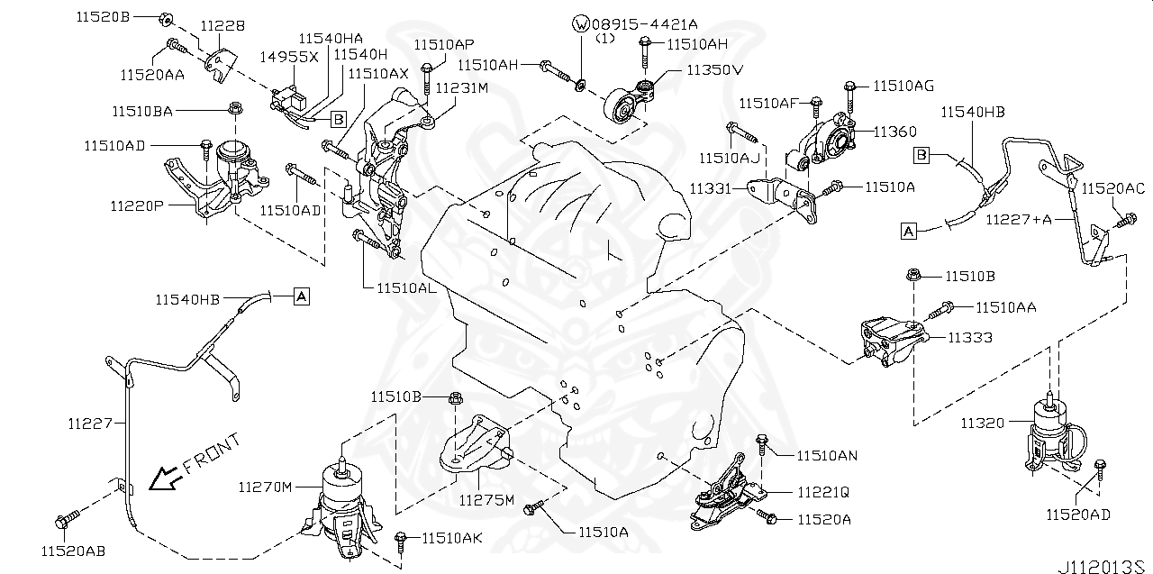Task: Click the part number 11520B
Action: pyautogui.click(x=103, y=17)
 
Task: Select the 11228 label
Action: pyautogui.click(x=222, y=25)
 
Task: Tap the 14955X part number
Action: pyautogui.click(x=289, y=57)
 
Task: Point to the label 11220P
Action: pyautogui.click(x=137, y=206)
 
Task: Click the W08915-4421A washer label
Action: pyautogui.click(x=635, y=24)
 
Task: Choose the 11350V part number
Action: pyautogui.click(x=715, y=70)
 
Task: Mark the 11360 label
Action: pyautogui.click(x=895, y=132)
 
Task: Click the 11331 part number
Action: pyautogui.click(x=711, y=189)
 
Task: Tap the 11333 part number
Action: pyautogui.click(x=970, y=338)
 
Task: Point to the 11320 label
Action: pyautogui.click(x=983, y=424)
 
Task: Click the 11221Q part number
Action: pyautogui.click(x=823, y=493)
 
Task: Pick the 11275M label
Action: pyautogui.click(x=486, y=500)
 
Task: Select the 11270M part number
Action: pyautogui.click(x=265, y=487)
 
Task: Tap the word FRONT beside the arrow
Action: pyautogui.click(x=212, y=453)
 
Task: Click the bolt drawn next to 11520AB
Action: pyautogui.click(x=68, y=519)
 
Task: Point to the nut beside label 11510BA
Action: pyautogui.click(x=235, y=109)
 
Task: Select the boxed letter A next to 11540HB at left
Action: pyautogui.click(x=302, y=297)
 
